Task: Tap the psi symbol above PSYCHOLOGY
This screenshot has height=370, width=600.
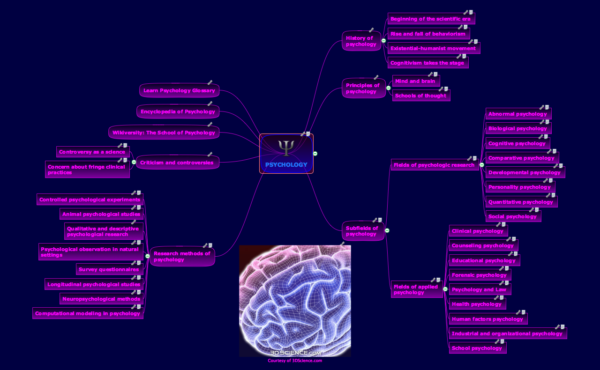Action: click(x=286, y=147)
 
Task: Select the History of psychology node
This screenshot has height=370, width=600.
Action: click(x=360, y=41)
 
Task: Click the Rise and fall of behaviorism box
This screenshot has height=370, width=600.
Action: click(x=427, y=34)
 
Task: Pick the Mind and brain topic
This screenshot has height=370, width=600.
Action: click(x=415, y=81)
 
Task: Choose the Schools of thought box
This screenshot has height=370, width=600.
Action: click(x=420, y=96)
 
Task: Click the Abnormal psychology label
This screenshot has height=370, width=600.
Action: click(x=517, y=114)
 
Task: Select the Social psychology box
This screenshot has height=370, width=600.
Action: click(x=512, y=216)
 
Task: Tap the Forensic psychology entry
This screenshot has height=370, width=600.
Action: click(x=479, y=275)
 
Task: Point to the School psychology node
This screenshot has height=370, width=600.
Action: click(x=477, y=348)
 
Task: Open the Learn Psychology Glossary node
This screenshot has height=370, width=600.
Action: click(x=179, y=90)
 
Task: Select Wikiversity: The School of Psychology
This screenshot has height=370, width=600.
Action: click(x=164, y=133)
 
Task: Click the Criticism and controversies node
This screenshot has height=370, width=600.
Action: click(x=177, y=163)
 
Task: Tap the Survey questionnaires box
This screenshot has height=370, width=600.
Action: click(x=109, y=269)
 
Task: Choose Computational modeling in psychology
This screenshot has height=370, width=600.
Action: click(x=88, y=313)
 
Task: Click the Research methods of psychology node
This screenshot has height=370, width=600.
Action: click(x=182, y=257)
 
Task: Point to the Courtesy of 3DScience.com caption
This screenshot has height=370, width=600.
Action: click(x=295, y=361)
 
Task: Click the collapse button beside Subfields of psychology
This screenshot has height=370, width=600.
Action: click(x=387, y=230)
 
